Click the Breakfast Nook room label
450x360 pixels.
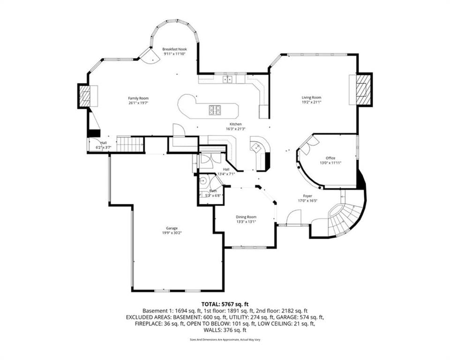click(174, 49)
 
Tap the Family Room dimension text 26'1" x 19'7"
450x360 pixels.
click(138, 103)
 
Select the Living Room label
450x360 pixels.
click(311, 97)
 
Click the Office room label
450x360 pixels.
click(330, 158)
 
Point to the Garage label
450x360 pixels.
click(172, 229)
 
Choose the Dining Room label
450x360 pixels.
click(246, 217)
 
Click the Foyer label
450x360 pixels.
click(307, 196)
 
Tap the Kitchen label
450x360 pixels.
click(235, 124)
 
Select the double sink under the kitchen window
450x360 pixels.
click(228, 79)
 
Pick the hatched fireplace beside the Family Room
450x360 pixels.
click(84, 96)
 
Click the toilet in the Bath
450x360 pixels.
click(203, 181)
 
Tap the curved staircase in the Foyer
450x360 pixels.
click(345, 218)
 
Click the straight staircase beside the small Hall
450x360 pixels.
click(130, 143)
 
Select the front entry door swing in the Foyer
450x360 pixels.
click(293, 217)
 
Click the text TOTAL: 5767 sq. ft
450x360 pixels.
click(225, 304)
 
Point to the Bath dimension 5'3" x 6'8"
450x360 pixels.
click(213, 195)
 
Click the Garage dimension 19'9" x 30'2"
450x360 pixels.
click(172, 233)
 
